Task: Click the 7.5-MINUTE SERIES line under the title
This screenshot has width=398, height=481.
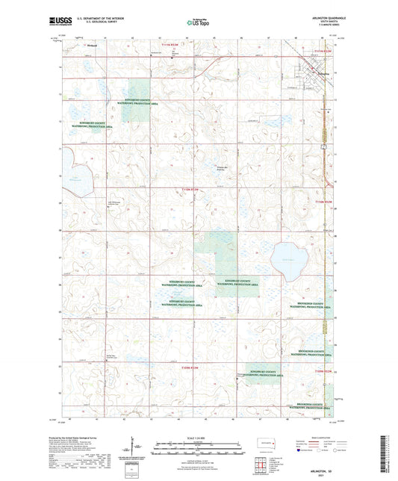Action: pyautogui.click(x=326, y=26)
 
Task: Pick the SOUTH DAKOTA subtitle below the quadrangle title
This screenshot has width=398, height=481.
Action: pyautogui.click(x=326, y=22)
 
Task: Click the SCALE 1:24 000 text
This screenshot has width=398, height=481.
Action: pyautogui.click(x=199, y=437)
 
